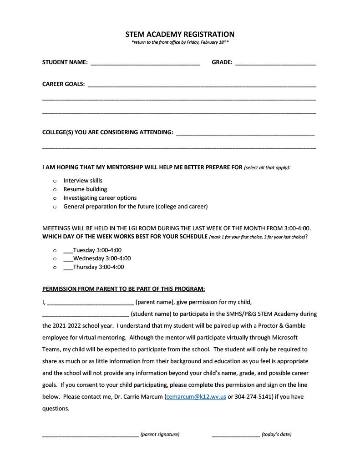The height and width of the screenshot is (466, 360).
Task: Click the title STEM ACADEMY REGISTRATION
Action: pyautogui.click(x=180, y=34)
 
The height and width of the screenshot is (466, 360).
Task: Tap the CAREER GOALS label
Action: pyautogui.click(x=63, y=84)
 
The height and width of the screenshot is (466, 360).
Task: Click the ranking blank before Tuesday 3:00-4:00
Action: pyautogui.click(x=68, y=251)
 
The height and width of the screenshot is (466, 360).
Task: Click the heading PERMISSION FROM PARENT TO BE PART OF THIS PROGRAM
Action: pyautogui.click(x=123, y=289)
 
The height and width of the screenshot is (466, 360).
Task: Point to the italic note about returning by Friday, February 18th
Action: pyautogui.click(x=180, y=42)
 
